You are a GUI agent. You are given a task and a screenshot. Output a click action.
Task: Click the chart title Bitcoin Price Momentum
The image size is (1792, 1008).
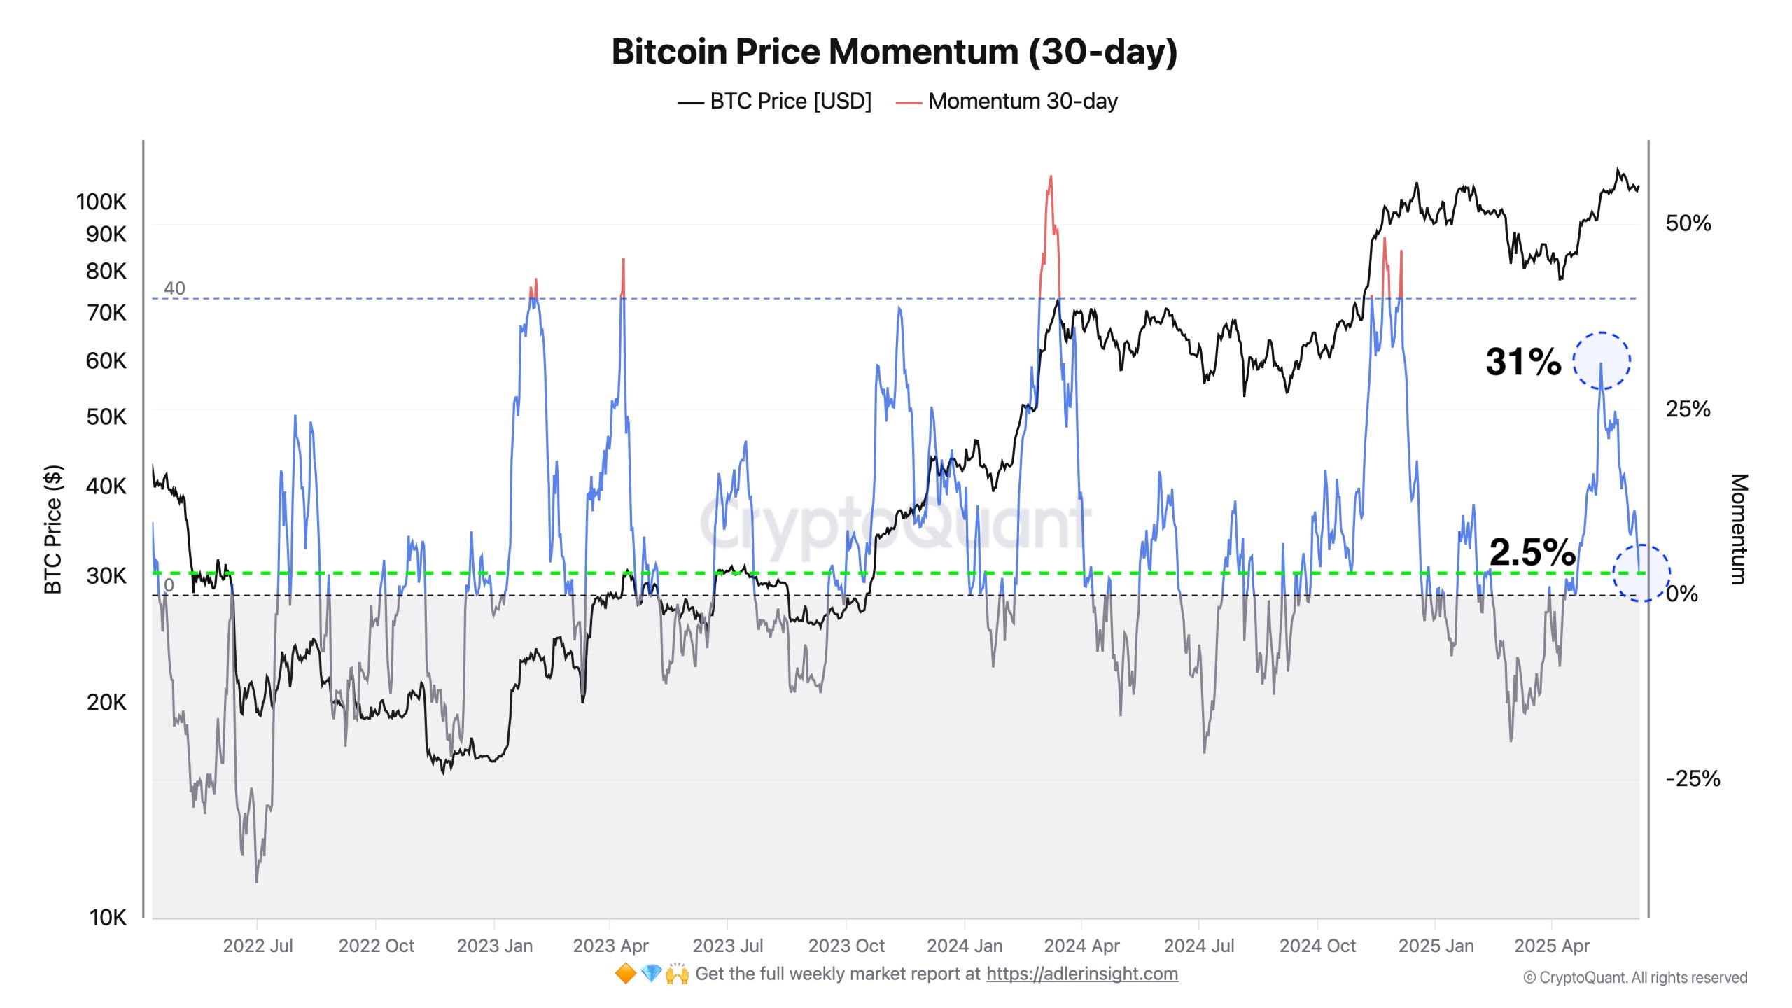tap(894, 52)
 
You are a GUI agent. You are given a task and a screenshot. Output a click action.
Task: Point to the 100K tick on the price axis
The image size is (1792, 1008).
tap(101, 202)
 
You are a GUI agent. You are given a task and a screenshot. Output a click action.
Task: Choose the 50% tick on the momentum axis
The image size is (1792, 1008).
tap(1688, 223)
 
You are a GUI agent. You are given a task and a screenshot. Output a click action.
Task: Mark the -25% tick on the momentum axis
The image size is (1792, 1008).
tap(1692, 778)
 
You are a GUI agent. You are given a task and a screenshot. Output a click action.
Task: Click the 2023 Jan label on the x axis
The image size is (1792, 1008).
tap(494, 946)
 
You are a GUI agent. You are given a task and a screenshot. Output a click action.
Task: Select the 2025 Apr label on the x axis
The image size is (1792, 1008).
tap(1551, 946)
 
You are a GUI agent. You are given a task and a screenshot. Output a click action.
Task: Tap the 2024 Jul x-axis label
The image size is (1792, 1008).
tap(1198, 946)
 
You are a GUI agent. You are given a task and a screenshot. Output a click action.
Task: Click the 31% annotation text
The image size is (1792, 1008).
tap(1523, 362)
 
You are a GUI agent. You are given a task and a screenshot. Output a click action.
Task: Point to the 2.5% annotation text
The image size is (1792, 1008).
tap(1532, 552)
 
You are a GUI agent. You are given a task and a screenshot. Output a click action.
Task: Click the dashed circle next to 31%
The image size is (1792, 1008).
tap(1602, 361)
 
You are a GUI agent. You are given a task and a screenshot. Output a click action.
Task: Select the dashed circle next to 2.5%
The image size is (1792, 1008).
tap(1641, 573)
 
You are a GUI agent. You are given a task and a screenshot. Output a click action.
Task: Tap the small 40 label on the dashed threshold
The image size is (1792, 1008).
tap(174, 288)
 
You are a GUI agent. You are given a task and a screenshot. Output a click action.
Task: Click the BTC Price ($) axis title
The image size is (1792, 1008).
tap(53, 529)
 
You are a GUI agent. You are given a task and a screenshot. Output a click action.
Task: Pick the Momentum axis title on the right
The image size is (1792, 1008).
tap(1739, 529)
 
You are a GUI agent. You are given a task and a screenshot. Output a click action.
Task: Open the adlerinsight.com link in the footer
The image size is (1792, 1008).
tap(1081, 974)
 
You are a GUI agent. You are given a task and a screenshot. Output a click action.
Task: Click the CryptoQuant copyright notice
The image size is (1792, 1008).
tap(1635, 977)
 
